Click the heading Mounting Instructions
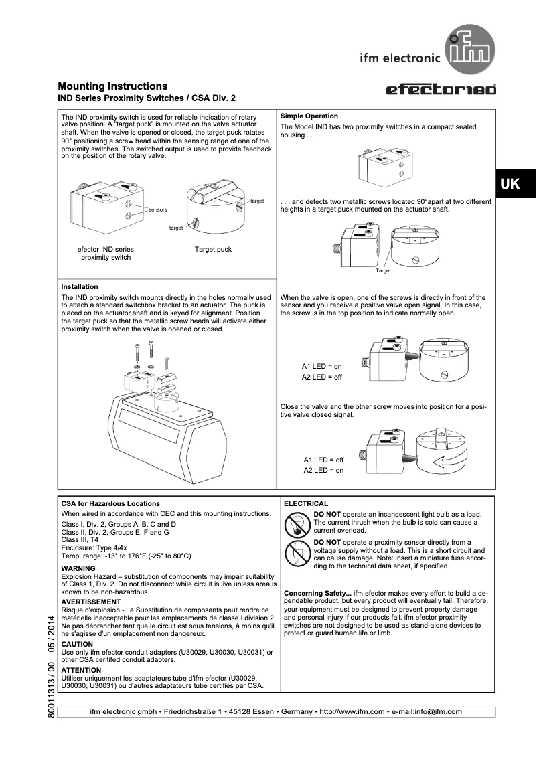pos(112,86)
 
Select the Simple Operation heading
pos(309,116)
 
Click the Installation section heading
pos(80,286)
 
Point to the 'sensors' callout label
pos(157,209)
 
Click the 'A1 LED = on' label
pos(321,367)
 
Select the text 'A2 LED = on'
pos(323,471)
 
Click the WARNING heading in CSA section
pos(78,568)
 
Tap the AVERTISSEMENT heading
pos(90,602)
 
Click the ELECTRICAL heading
pos(306,503)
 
